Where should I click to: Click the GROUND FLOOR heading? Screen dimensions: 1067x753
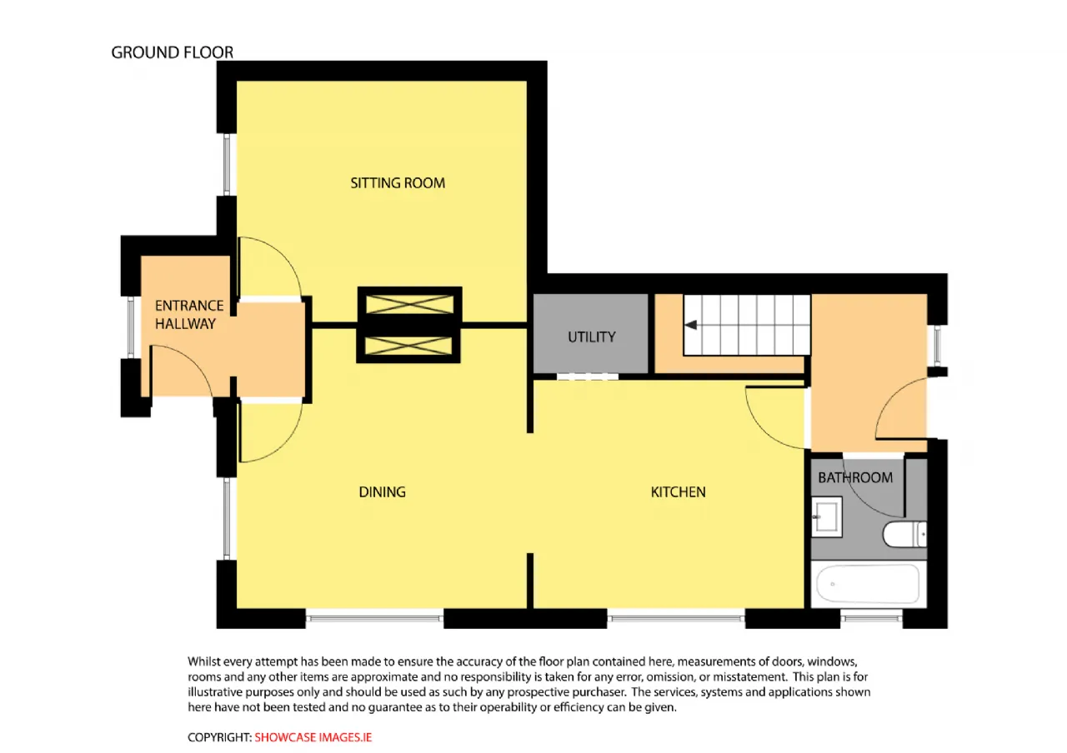coord(172,52)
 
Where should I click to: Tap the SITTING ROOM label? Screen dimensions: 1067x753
coord(398,183)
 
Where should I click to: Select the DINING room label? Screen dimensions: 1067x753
coord(382,491)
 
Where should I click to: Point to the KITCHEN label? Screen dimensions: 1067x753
coord(678,491)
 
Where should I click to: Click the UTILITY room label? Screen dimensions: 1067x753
coord(592,337)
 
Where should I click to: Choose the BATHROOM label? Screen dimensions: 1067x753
coord(855,477)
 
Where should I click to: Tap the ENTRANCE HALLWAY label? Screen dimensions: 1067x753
coord(189,315)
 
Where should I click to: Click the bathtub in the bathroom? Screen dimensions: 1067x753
coord(868,584)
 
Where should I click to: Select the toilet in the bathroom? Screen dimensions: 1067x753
coord(904,534)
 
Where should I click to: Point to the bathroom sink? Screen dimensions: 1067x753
coord(826,517)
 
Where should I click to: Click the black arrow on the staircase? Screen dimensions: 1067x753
coord(691,325)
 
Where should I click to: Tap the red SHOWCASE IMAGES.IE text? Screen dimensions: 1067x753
coord(313,737)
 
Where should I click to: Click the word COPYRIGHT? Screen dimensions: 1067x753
coord(218,737)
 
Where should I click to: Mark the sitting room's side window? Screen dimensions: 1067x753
coord(228,165)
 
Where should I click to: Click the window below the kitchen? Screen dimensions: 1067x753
coord(676,618)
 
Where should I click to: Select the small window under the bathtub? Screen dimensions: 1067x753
coord(871,618)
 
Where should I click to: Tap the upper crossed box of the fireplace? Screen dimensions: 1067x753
coord(409,305)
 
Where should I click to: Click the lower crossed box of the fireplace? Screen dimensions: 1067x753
coord(408,346)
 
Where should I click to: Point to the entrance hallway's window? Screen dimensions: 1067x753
coord(131,327)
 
